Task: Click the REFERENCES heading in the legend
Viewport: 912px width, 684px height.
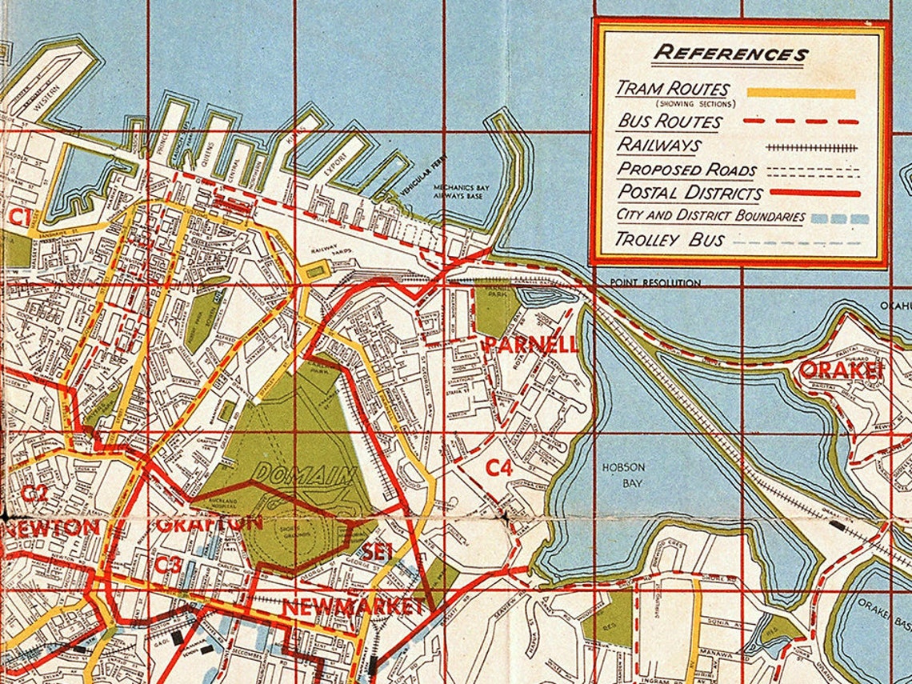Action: [730, 54]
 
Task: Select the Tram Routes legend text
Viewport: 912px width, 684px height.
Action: [672, 90]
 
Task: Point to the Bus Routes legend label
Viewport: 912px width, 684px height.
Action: [669, 122]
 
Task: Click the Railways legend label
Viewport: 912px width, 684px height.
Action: [658, 146]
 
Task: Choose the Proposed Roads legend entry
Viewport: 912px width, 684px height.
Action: [686, 170]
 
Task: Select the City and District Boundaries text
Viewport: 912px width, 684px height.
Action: [710, 216]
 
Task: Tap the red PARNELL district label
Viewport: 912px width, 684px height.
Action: [531, 346]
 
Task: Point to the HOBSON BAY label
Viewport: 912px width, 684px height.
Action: [625, 475]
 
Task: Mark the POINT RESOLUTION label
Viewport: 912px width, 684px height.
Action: [654, 283]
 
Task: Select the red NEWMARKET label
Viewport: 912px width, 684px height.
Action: [353, 607]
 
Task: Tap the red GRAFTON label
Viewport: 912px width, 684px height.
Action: [209, 524]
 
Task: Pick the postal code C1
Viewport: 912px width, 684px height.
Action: [19, 217]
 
